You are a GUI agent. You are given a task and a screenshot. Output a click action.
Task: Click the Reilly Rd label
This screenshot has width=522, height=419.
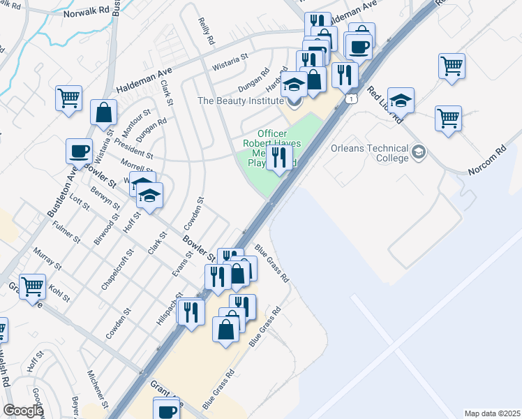[x=205, y=32]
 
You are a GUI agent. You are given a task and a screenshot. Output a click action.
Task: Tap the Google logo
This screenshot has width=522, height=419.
[x=23, y=411]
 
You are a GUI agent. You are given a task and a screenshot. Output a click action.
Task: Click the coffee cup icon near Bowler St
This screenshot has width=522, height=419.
[x=79, y=150]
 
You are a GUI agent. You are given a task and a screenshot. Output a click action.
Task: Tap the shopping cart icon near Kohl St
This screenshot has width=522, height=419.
[x=33, y=286]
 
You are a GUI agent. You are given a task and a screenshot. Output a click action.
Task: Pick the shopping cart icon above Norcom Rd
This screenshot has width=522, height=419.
[x=448, y=117]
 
